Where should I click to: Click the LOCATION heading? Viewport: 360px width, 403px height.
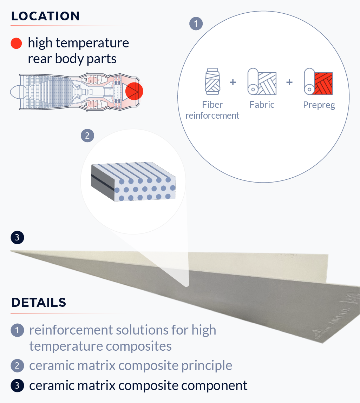(45, 16)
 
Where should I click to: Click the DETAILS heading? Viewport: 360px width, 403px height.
(39, 303)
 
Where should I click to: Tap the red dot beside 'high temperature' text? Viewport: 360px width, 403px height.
(17, 44)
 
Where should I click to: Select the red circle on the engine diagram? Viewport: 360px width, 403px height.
(134, 91)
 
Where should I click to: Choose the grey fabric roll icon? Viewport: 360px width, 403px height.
(262, 82)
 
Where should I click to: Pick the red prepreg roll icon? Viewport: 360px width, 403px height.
(318, 82)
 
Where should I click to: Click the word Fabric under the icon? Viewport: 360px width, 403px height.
(262, 105)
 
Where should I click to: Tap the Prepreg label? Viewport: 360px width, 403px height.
(319, 105)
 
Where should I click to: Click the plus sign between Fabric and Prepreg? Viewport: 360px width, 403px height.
(289, 82)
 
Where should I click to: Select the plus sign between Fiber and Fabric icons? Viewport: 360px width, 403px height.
(233, 82)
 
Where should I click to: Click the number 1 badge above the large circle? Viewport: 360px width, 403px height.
(196, 24)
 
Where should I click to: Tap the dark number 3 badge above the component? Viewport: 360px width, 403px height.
(17, 238)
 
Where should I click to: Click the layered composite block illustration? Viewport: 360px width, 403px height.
(133, 182)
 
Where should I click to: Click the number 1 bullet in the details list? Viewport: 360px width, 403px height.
(17, 330)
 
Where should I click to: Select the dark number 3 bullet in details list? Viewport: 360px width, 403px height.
(17, 386)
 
